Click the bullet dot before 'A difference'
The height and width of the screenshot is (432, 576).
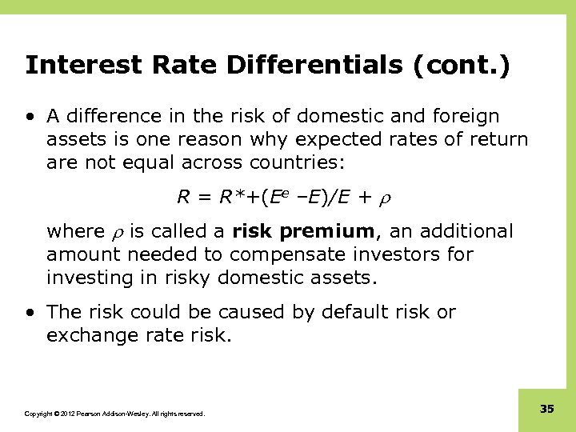(x=30, y=117)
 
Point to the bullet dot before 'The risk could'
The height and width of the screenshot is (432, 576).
(x=30, y=313)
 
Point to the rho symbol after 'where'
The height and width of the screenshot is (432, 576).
(x=116, y=233)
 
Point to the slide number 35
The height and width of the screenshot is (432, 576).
(x=546, y=409)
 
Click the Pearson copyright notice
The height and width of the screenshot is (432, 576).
(x=114, y=414)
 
